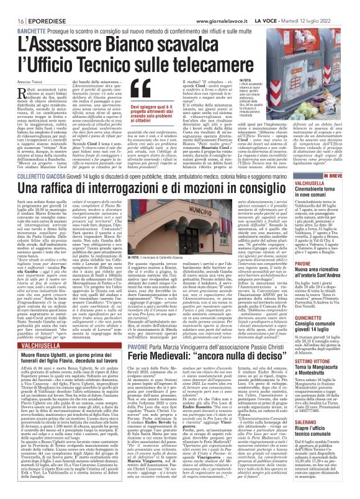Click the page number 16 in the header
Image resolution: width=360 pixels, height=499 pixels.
[12, 5]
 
